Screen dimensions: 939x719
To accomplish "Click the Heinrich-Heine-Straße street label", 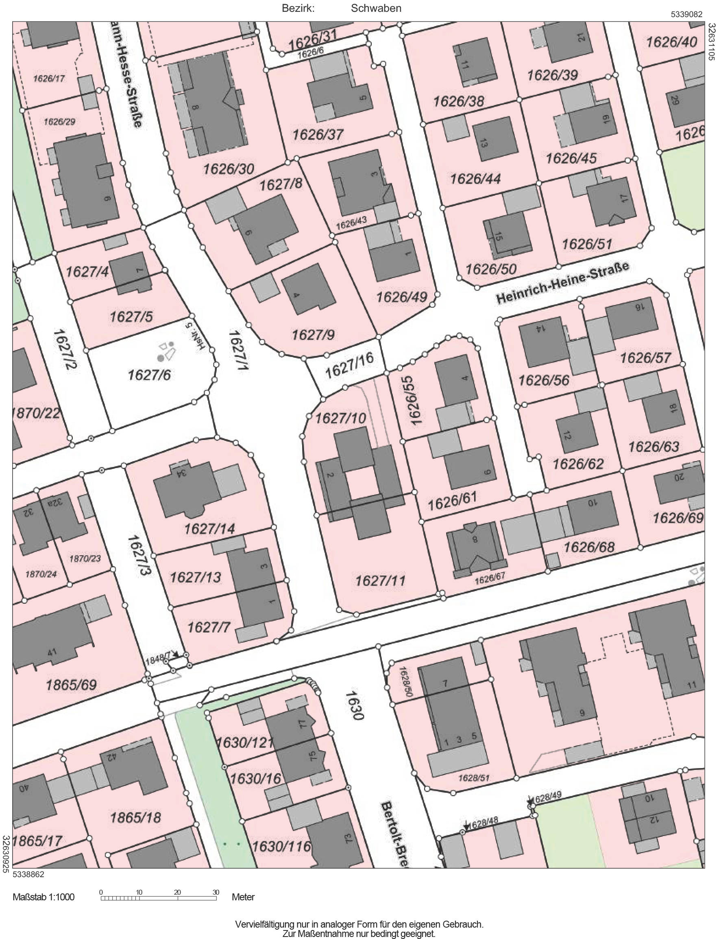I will pyautogui.click(x=563, y=284).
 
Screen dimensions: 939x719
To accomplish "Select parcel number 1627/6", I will pyautogui.click(x=149, y=375).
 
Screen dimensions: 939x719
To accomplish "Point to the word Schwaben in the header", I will pyautogui.click(x=376, y=9).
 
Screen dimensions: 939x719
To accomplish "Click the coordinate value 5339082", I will pyautogui.click(x=686, y=15).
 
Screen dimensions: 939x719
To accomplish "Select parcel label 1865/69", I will pyautogui.click(x=72, y=685).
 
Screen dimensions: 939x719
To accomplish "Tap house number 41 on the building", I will pyautogui.click(x=52, y=653).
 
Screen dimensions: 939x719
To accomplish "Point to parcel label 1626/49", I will pyautogui.click(x=401, y=297).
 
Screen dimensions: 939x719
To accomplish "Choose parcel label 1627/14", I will pyautogui.click(x=209, y=529).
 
